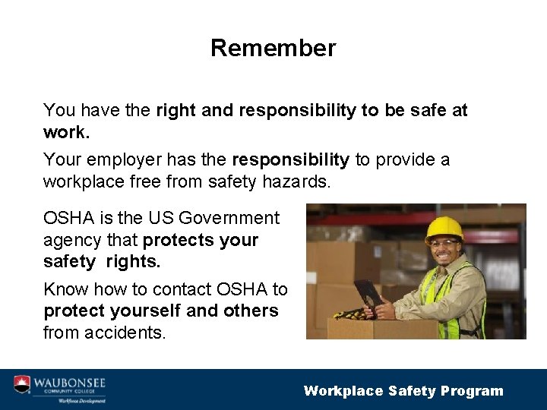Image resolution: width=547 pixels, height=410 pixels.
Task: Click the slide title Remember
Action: pyautogui.click(x=273, y=48)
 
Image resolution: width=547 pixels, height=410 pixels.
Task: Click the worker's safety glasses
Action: pyautogui.click(x=444, y=243)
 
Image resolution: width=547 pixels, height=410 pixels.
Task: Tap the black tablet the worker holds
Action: pyautogui.click(x=368, y=293)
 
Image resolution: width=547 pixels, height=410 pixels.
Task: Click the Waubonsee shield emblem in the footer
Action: pyautogui.click(x=23, y=384)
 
